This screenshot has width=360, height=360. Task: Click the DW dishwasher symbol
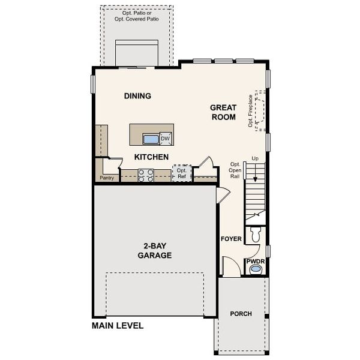(x=166, y=139)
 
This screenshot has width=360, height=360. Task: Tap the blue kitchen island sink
(x=151, y=139)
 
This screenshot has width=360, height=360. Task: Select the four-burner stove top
(x=146, y=175)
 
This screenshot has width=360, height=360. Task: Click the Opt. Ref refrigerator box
(x=182, y=173)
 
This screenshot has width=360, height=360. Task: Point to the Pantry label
(x=107, y=178)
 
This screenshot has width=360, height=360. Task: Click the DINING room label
(x=137, y=96)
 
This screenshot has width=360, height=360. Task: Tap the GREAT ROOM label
(x=223, y=112)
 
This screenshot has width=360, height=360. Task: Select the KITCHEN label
(x=151, y=157)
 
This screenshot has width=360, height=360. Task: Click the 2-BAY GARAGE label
(x=155, y=251)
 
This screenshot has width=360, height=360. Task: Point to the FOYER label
(x=231, y=239)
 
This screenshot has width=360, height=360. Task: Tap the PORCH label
(x=241, y=314)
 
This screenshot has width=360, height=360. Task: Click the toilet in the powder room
(x=256, y=235)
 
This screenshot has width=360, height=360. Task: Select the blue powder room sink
(x=256, y=269)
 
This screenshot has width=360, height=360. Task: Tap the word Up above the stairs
(x=255, y=158)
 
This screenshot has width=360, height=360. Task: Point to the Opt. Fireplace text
(x=250, y=111)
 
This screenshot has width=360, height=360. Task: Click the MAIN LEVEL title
(x=118, y=326)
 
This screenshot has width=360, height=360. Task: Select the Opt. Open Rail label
(x=235, y=170)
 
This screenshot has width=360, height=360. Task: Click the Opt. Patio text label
(x=137, y=16)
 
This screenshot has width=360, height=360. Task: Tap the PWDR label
(x=256, y=261)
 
